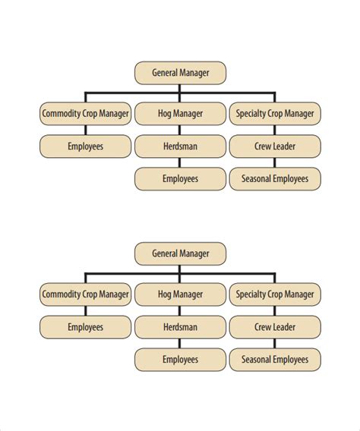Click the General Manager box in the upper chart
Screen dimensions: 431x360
[180, 73]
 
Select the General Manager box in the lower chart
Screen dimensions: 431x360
[180, 253]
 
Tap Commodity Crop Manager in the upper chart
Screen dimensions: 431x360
[85, 115]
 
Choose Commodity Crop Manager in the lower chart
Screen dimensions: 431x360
[85, 294]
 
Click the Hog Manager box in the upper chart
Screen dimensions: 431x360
[180, 115]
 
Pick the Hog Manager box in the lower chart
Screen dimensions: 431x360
[180, 294]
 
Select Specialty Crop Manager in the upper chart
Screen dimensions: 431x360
[274, 115]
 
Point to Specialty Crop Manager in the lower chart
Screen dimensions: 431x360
[274, 294]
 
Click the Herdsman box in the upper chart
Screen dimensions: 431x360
[180, 146]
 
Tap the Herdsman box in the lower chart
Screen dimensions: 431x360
[180, 327]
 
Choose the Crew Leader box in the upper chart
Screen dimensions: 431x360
[274, 146]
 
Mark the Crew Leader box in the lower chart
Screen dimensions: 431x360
[274, 327]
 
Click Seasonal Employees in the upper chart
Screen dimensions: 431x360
[274, 179]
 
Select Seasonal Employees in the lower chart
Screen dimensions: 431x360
[274, 359]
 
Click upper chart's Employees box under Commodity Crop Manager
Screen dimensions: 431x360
[85, 146]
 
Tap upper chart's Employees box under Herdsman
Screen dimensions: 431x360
[180, 179]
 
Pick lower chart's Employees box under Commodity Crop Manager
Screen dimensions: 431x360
[85, 327]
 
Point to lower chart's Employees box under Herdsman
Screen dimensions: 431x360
[180, 359]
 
